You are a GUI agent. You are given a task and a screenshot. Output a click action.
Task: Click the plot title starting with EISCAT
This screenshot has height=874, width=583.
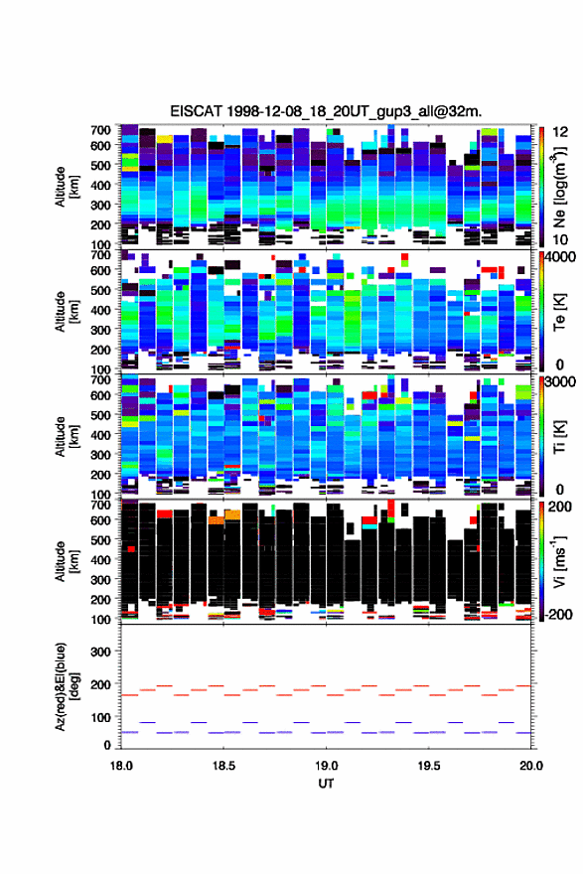click(x=326, y=111)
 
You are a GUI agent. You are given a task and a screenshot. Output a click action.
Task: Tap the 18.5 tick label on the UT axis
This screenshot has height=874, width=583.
click(x=222, y=766)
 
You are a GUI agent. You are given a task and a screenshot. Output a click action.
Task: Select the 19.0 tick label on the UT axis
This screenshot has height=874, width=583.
click(x=326, y=766)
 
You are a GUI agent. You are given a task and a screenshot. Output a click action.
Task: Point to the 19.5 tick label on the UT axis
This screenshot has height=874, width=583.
click(x=429, y=766)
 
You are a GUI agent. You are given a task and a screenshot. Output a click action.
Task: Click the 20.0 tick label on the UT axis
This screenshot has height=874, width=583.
click(x=531, y=766)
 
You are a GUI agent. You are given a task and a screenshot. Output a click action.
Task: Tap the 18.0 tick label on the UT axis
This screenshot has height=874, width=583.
click(x=121, y=766)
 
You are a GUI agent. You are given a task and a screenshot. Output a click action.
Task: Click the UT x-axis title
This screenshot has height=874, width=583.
click(x=326, y=784)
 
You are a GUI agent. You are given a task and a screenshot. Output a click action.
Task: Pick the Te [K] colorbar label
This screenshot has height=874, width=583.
click(x=559, y=312)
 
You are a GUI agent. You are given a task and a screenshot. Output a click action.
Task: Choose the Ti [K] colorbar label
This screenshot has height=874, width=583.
click(x=559, y=436)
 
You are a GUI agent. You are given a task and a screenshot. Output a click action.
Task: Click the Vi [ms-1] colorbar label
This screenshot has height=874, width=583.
click(x=559, y=561)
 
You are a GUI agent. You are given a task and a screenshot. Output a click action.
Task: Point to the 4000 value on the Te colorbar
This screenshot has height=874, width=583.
click(x=559, y=257)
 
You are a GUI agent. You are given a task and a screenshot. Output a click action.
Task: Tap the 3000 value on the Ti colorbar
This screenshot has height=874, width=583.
click(x=559, y=382)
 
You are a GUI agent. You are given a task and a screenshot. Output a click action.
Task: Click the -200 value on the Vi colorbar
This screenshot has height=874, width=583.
click(x=558, y=614)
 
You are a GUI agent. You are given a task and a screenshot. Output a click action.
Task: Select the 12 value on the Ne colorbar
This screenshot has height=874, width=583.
click(x=560, y=132)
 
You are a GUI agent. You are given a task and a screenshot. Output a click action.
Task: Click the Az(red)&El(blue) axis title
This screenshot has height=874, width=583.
click(x=66, y=686)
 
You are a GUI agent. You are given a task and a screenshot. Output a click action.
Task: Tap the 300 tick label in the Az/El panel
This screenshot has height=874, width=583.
click(x=101, y=652)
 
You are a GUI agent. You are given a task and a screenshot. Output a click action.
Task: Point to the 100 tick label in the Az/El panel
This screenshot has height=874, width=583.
click(x=101, y=717)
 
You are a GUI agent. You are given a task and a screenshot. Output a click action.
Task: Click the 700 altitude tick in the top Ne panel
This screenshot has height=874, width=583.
click(x=101, y=130)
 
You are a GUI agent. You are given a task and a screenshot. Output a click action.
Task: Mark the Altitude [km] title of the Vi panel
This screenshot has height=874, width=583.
click(x=66, y=561)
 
